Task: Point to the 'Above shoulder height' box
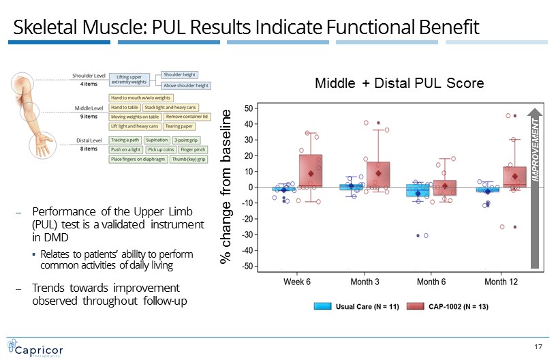185,86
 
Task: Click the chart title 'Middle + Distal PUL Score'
399,83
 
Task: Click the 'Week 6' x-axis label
297,281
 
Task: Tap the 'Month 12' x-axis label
500,281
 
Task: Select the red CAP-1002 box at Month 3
378,175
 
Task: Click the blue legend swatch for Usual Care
322,306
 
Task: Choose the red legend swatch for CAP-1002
415,306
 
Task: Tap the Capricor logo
35,347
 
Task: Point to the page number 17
538,348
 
